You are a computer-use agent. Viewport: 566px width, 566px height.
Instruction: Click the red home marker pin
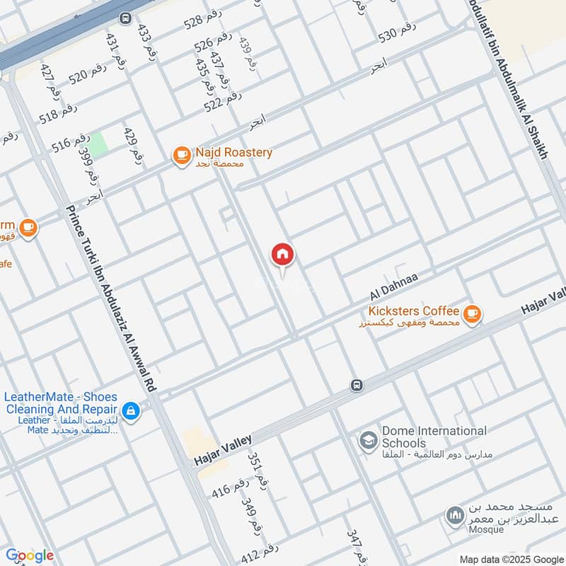[283, 255]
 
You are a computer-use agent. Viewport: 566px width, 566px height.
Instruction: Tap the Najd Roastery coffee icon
[182, 153]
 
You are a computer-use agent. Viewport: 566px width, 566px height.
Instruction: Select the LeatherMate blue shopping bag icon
[130, 410]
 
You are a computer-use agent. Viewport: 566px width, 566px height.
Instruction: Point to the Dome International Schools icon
[368, 441]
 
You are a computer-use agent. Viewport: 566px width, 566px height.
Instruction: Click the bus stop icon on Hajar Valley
[356, 385]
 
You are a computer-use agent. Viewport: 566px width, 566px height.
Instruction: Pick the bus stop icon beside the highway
[125, 18]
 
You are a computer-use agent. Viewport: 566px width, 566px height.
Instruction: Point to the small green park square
[98, 142]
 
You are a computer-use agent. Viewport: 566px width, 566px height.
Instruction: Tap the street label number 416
[231, 487]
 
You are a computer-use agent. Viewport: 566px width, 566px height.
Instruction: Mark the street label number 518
[58, 113]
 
